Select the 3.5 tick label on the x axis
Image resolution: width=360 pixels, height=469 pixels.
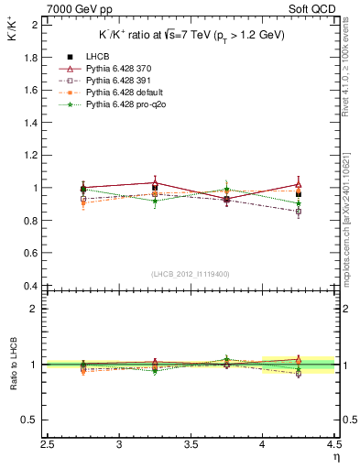click(x=191, y=444)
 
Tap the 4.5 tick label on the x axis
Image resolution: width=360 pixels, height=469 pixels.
click(x=333, y=444)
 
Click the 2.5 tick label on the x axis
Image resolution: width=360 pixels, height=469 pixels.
click(x=49, y=444)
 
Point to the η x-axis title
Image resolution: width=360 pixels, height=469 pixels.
click(x=335, y=455)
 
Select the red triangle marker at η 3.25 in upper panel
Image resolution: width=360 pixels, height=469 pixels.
click(x=156, y=182)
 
